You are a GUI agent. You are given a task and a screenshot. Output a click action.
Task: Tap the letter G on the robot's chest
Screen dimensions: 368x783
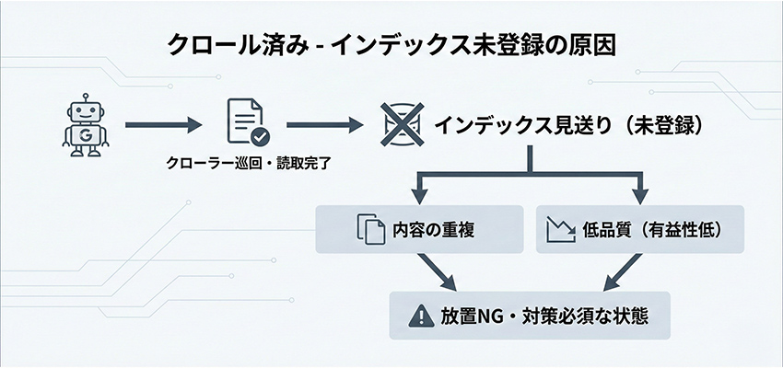[86, 134]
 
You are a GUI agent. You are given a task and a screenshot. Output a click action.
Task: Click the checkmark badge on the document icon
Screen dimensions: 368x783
[261, 137]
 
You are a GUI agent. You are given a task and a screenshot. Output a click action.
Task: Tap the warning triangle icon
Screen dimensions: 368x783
[419, 315]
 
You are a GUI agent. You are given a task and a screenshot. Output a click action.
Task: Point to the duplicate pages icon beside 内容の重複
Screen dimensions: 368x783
[368, 229]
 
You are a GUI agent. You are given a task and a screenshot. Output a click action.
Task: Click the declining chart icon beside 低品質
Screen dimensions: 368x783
[559, 229]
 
